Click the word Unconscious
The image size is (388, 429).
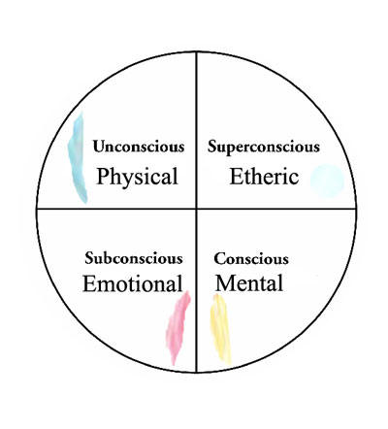tap(139, 147)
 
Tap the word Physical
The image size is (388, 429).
tap(138, 177)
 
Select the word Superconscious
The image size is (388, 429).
tap(264, 148)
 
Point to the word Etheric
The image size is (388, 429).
tap(264, 177)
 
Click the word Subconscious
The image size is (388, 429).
tap(134, 258)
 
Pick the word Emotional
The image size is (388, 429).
tap(133, 283)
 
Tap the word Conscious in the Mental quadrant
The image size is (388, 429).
tap(251, 258)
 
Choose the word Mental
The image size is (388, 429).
tap(249, 283)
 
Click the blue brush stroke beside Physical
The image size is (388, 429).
tap(78, 158)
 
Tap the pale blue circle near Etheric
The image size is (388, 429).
tap(327, 181)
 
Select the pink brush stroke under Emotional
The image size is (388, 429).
tap(178, 327)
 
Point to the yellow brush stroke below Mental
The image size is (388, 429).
tap(220, 328)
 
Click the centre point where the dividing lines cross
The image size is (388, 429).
tap(196, 209)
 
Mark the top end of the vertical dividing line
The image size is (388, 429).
tap(196, 51)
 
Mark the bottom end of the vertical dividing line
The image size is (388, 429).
tap(196, 373)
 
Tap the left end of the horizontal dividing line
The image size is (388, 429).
tap(37, 209)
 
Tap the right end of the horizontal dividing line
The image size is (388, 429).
tap(356, 209)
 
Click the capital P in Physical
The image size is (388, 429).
tap(103, 176)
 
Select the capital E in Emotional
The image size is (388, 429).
tap(90, 283)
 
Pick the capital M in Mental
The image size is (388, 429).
tap(225, 283)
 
